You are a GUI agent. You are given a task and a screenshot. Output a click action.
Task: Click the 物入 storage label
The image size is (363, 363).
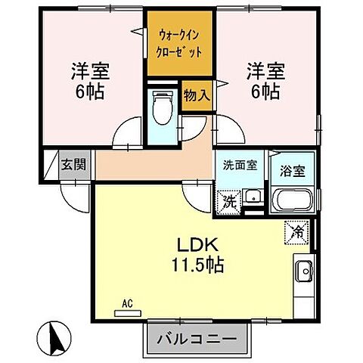click(196, 95)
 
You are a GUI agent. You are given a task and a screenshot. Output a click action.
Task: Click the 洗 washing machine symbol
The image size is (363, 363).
click(228, 203)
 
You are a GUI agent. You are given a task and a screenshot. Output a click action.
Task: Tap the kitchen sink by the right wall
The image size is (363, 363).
click(306, 270)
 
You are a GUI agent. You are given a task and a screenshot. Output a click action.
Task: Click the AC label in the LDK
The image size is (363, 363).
click(127, 304)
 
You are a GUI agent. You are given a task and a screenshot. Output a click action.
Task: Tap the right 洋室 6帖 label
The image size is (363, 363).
click(262, 82)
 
